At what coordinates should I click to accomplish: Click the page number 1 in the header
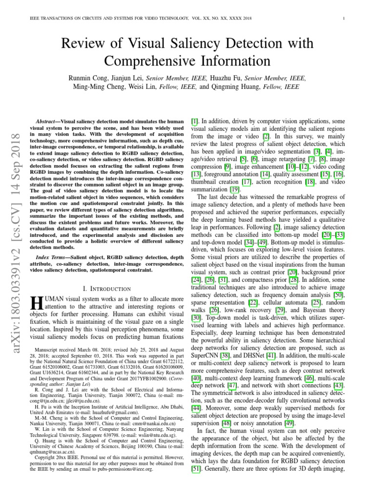[x=344, y=19]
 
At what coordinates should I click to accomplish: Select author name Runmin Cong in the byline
[x=90, y=78]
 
